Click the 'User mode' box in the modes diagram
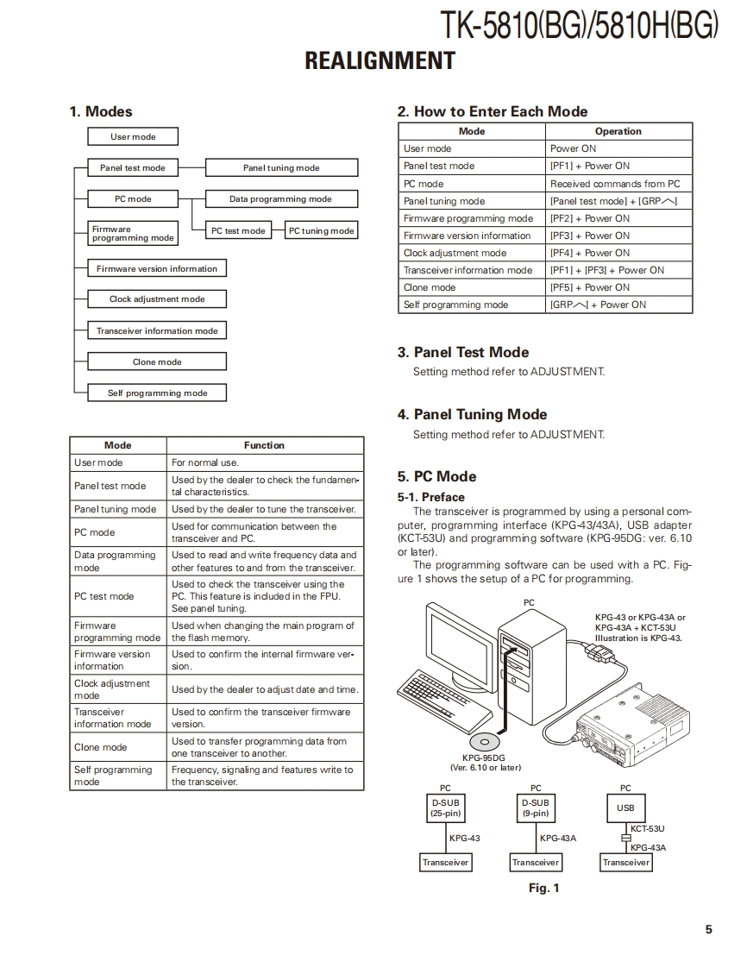pyautogui.click(x=133, y=136)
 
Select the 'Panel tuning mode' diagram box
pyautogui.click(x=281, y=168)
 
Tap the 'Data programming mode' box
pyautogui.click(x=280, y=199)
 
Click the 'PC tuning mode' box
pyautogui.click(x=321, y=230)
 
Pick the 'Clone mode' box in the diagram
pyautogui.click(x=157, y=362)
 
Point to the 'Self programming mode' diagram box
pyautogui.click(x=157, y=393)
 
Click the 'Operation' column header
pyautogui.click(x=618, y=131)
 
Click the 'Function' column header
pyautogui.click(x=264, y=445)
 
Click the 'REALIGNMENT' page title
pyautogui.click(x=380, y=61)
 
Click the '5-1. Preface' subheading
pyautogui.click(x=431, y=497)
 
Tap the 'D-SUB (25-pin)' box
pyautogui.click(x=445, y=808)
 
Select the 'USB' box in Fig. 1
pyautogui.click(x=625, y=808)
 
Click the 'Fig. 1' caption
pyautogui.click(x=543, y=888)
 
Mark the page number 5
pyautogui.click(x=708, y=929)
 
